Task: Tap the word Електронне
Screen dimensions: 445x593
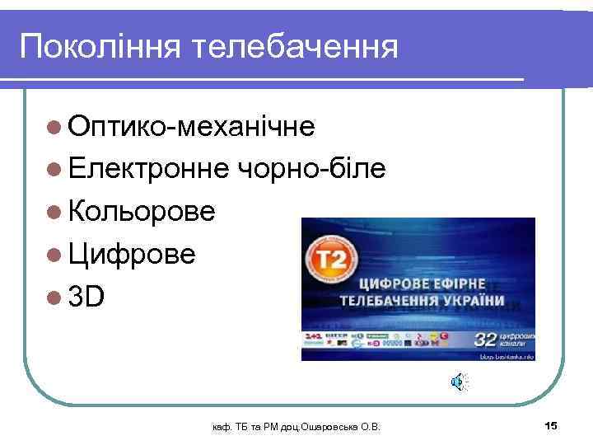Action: pyautogui.click(x=149, y=169)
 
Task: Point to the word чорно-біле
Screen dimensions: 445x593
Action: pyautogui.click(x=311, y=169)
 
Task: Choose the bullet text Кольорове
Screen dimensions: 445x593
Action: pyautogui.click(x=142, y=211)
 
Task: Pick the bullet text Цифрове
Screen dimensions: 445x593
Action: pyautogui.click(x=133, y=254)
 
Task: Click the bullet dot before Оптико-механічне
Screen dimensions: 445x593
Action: pyautogui.click(x=54, y=127)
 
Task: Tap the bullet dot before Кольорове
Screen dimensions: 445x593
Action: pyautogui.click(x=54, y=212)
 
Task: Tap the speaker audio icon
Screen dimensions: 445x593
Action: pyautogui.click(x=457, y=381)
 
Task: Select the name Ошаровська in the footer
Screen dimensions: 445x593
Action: pyautogui.click(x=329, y=426)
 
